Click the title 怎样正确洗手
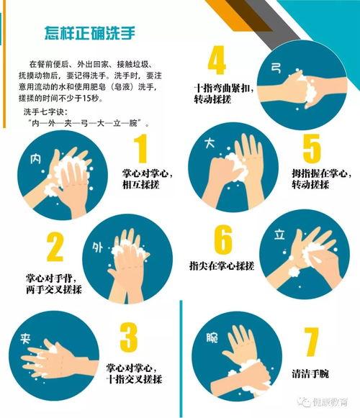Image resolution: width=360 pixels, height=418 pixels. (x=90, y=33)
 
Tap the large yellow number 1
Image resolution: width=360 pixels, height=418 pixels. (x=141, y=148)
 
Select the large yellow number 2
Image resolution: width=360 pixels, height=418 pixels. (x=55, y=247)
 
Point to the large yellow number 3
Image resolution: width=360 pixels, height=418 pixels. (x=128, y=337)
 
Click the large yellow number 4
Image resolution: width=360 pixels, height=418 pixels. (x=217, y=60)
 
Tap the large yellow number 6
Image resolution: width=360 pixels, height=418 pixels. (x=222, y=240)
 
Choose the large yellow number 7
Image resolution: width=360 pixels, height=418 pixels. (x=311, y=342)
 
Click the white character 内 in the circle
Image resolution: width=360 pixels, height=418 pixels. (x=35, y=159)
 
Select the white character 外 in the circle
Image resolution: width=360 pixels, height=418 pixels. (x=98, y=247)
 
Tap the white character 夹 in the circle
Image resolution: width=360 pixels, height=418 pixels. (x=25, y=339)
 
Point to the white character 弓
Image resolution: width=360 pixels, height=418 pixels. (x=276, y=68)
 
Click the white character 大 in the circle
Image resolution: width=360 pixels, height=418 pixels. (x=210, y=143)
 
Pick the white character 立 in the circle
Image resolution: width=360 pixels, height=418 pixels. (x=279, y=235)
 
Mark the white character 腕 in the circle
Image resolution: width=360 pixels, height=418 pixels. (x=212, y=337)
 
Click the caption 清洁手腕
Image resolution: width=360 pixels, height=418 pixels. (x=310, y=373)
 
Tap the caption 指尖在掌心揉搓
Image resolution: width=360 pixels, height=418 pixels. (x=222, y=265)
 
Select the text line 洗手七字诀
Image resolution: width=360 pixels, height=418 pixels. (x=44, y=112)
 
